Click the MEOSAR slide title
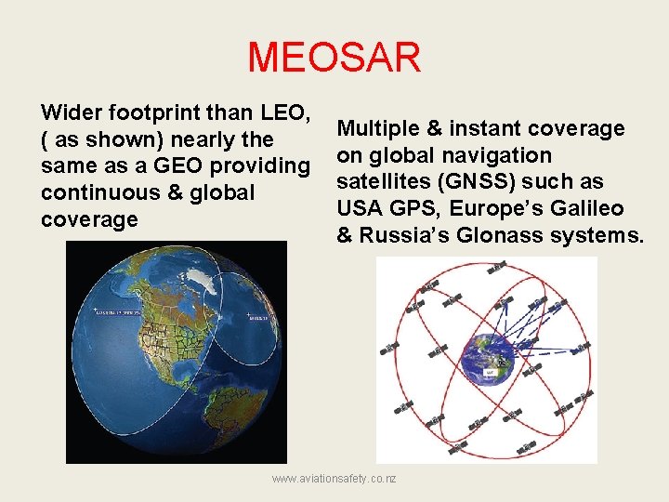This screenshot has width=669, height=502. click(334, 57)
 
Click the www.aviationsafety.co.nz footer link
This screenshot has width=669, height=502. click(334, 478)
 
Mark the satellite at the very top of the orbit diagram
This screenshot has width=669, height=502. click(498, 265)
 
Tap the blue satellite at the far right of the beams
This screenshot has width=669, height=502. click(581, 349)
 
